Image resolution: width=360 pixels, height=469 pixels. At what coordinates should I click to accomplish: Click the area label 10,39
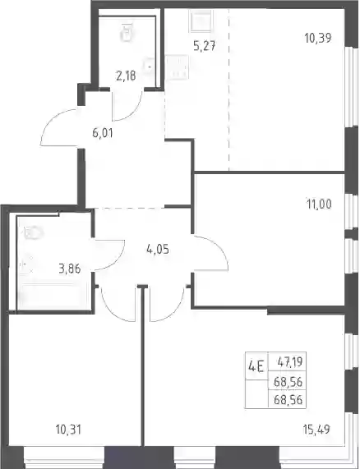click(x=318, y=38)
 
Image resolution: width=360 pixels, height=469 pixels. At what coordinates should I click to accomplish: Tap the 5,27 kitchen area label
click(x=205, y=46)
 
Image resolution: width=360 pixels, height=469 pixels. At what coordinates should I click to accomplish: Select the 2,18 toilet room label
click(x=126, y=76)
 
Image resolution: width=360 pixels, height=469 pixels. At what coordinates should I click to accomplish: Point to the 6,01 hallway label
click(x=103, y=133)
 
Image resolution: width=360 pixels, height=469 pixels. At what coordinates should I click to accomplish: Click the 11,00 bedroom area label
click(x=319, y=205)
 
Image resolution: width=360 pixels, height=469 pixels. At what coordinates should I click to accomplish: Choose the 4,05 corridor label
click(x=158, y=249)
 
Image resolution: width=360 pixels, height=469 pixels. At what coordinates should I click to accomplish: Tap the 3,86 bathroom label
click(x=70, y=269)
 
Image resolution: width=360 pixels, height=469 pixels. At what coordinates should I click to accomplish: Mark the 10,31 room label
click(x=68, y=430)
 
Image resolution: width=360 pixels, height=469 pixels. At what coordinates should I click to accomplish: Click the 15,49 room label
click(x=316, y=430)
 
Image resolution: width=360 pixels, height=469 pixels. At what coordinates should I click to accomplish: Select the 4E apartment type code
click(x=256, y=366)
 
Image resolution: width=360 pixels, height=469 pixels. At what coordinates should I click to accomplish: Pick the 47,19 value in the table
click(x=290, y=362)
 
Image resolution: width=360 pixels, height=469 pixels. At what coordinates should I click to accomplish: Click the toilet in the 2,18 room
click(x=127, y=32)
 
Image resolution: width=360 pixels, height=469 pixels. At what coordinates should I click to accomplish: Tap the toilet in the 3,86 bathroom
click(x=32, y=233)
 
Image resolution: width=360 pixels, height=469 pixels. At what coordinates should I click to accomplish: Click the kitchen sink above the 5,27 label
click(x=201, y=21)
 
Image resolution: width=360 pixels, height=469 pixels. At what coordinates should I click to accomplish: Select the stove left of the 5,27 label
click(x=178, y=68)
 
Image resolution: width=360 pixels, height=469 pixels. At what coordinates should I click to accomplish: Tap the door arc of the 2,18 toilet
click(x=129, y=111)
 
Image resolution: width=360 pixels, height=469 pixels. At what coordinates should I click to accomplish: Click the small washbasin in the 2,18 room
click(x=149, y=66)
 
